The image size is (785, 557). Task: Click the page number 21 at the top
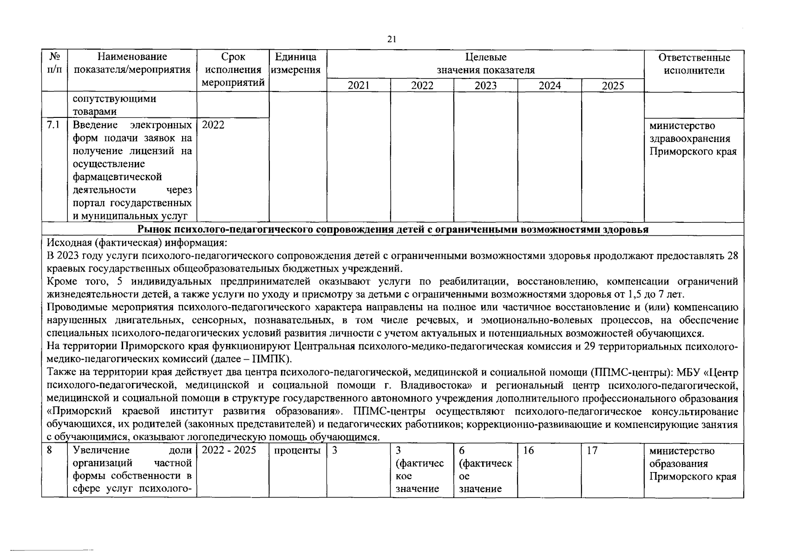point(392,40)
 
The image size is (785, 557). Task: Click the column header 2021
point(359,85)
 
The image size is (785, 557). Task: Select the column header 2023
point(485,85)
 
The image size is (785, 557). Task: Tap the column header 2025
point(613,85)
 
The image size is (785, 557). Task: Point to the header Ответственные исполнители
point(694,64)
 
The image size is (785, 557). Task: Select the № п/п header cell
point(54,64)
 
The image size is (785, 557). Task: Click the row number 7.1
point(53,125)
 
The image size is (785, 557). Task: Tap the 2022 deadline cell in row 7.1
point(213,125)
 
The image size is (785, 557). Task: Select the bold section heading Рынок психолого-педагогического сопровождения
point(392,229)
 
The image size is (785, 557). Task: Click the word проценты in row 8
point(297,451)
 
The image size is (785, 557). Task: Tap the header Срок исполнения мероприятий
point(233,70)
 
